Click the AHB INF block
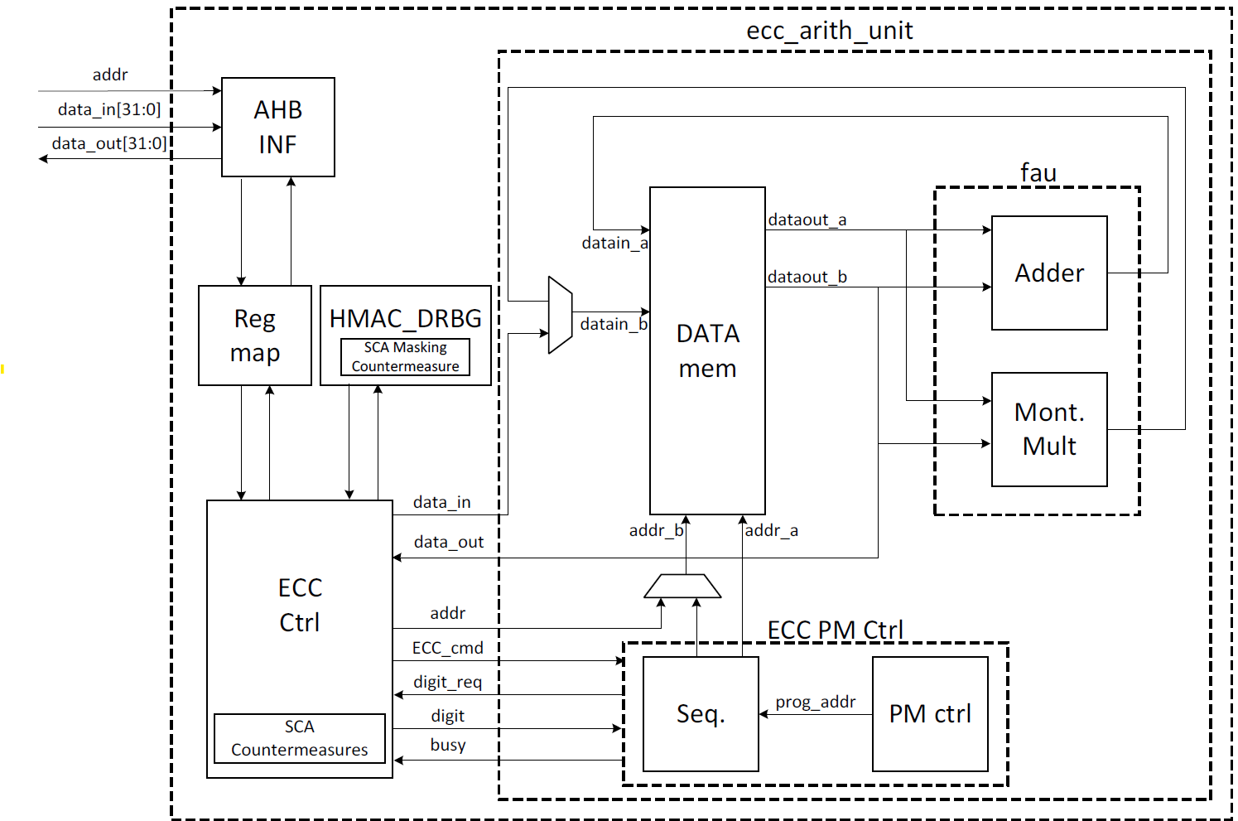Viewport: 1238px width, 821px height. [278, 127]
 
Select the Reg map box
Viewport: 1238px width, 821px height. [255, 336]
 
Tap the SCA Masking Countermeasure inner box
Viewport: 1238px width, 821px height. [405, 357]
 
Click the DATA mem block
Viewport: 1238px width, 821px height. [707, 350]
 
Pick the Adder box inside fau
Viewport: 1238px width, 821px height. [1049, 273]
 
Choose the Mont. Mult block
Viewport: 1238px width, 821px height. [1049, 429]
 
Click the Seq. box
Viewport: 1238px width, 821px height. [701, 714]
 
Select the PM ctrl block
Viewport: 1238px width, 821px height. [930, 714]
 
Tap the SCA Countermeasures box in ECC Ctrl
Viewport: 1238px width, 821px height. [300, 738]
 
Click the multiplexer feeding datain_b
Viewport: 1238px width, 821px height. [561, 316]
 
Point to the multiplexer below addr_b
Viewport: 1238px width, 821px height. [682, 586]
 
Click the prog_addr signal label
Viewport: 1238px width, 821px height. [816, 702]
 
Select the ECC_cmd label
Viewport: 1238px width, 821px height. [448, 648]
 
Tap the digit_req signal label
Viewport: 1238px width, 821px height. [448, 682]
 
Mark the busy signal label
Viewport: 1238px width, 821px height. [448, 745]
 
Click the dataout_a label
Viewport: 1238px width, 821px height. [807, 220]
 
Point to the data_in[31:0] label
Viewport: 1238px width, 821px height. [109, 109]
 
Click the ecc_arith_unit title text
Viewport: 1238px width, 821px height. [830, 31]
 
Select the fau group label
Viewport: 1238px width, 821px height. [1038, 172]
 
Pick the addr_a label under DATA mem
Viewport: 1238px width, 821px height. [772, 530]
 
